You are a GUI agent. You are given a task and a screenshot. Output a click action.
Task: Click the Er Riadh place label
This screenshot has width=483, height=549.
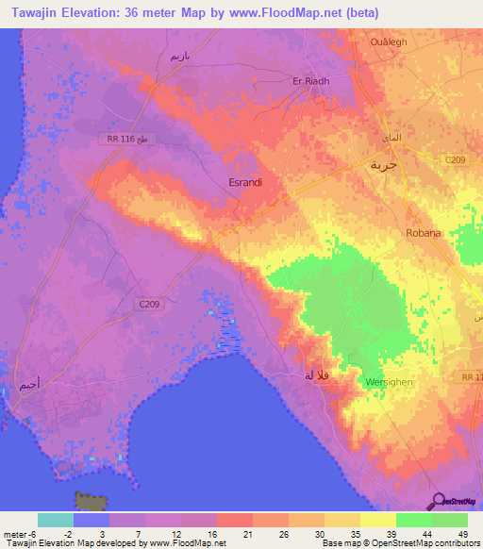(x=311, y=81)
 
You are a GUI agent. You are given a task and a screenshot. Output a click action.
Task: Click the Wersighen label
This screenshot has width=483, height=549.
(x=383, y=382)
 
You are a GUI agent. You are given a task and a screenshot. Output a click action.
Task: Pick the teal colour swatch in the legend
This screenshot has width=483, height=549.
(x=55, y=520)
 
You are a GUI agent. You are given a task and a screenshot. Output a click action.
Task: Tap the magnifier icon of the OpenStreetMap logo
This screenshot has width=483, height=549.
(x=437, y=500)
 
